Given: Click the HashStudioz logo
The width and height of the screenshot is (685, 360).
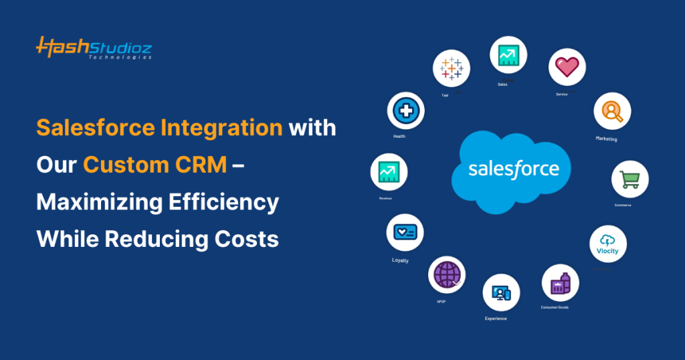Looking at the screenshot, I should pyautogui.click(x=94, y=48).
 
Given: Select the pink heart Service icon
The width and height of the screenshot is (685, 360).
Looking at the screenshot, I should pyautogui.click(x=567, y=67).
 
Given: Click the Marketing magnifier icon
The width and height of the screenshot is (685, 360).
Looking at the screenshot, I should pyautogui.click(x=612, y=111).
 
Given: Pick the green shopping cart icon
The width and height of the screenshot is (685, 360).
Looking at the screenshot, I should pyautogui.click(x=629, y=179).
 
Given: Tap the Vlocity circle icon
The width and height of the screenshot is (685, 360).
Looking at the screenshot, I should pyautogui.click(x=607, y=244).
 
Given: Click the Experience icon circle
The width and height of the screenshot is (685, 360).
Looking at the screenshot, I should pyautogui.click(x=501, y=292).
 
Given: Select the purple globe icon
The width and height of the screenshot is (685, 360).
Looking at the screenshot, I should pyautogui.click(x=446, y=274).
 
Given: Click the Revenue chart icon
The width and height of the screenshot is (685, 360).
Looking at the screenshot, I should pyautogui.click(x=389, y=172).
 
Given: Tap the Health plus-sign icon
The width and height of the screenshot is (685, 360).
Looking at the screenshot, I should pyautogui.click(x=405, y=110).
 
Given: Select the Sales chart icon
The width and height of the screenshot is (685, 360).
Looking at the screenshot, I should pyautogui.click(x=508, y=55).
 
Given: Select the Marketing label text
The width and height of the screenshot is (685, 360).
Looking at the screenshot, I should pyautogui.click(x=606, y=139).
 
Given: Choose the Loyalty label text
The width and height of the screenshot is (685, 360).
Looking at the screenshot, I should pyautogui.click(x=400, y=260).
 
